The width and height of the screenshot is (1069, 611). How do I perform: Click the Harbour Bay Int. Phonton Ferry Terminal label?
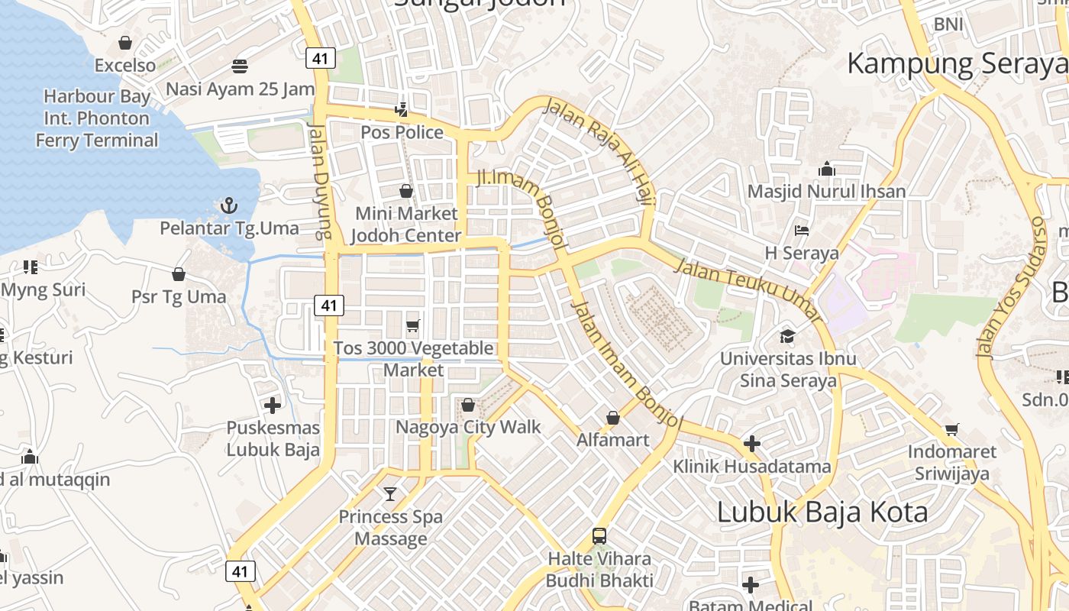click(97, 118)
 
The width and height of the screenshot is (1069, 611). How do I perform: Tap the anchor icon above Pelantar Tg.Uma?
click(228, 205)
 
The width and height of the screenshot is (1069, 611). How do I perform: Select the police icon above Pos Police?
click(402, 110)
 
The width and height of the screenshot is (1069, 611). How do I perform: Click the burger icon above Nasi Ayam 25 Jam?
click(240, 66)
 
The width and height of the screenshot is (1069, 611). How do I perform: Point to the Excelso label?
click(125, 66)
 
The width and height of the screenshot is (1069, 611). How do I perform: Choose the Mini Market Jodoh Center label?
click(407, 225)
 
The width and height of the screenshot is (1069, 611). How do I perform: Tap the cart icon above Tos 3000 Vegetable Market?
click(413, 326)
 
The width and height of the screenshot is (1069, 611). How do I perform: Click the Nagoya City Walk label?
click(468, 427)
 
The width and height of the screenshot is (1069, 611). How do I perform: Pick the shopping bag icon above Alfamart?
click(612, 418)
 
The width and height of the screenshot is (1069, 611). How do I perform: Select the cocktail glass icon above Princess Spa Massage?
click(390, 494)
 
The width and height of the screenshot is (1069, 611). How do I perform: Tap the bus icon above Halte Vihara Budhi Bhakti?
click(599, 536)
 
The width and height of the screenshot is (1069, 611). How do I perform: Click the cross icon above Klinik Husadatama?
click(752, 444)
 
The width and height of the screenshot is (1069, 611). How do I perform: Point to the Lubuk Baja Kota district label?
click(822, 512)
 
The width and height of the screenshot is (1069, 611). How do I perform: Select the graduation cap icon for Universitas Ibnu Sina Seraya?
click(787, 336)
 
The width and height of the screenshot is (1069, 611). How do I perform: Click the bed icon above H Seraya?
click(802, 231)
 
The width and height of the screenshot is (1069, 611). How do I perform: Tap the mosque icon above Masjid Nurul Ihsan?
click(826, 169)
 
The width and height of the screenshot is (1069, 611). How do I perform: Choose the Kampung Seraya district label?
click(957, 63)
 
